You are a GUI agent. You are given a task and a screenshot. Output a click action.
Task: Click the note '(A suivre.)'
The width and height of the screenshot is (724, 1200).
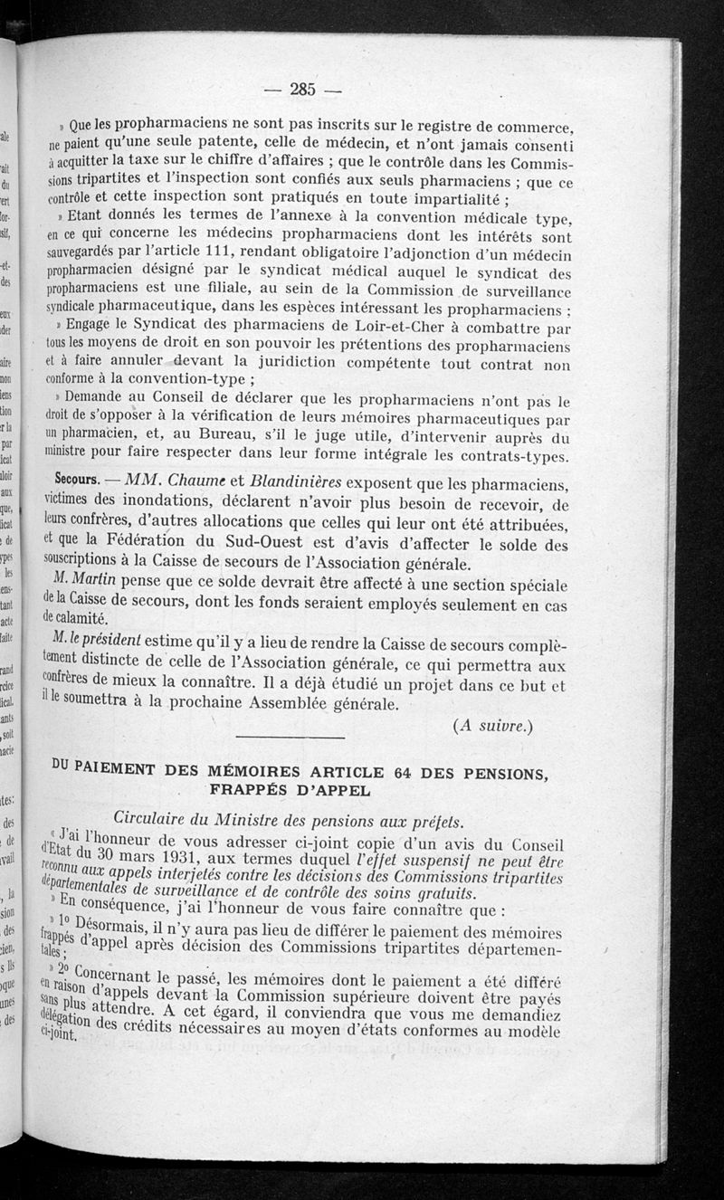click(x=492, y=724)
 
